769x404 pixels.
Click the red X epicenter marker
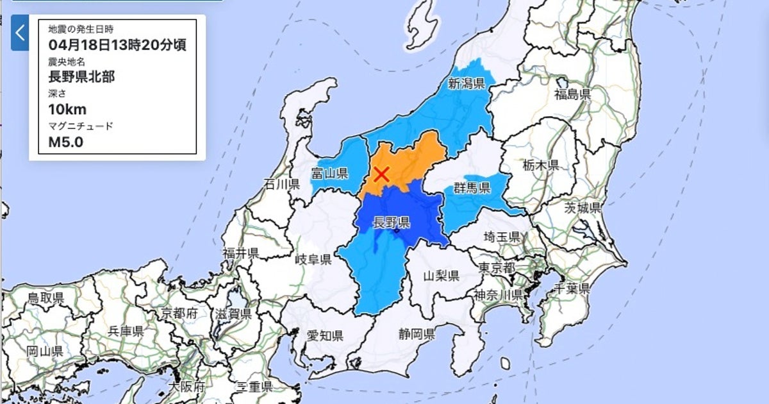click(x=382, y=173)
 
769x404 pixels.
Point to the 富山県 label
click(x=329, y=173)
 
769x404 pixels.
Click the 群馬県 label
click(x=472, y=188)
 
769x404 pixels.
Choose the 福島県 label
click(x=572, y=95)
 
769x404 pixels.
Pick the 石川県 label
click(x=282, y=185)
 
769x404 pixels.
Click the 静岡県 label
click(x=417, y=334)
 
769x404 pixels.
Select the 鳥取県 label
click(x=45, y=298)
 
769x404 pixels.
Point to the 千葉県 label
click(x=571, y=288)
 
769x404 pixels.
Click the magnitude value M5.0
click(x=66, y=142)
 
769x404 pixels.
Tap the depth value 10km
click(x=67, y=109)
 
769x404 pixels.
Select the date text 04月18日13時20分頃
click(x=117, y=46)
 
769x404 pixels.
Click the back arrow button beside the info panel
click(x=20, y=33)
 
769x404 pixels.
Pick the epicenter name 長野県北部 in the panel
click(x=81, y=78)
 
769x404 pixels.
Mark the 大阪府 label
click(x=186, y=387)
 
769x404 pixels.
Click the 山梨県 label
click(x=442, y=276)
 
